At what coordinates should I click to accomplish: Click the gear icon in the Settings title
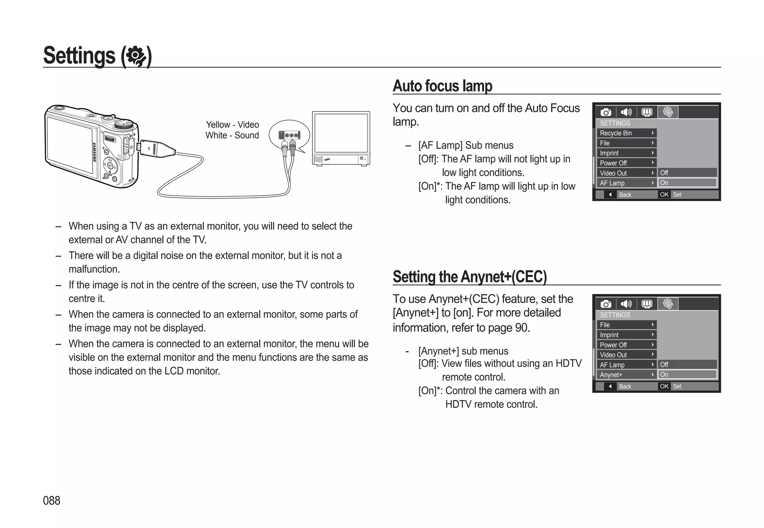pos(136,56)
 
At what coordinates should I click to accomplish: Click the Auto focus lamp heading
pos(442,86)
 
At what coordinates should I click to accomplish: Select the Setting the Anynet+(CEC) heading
pos(470,277)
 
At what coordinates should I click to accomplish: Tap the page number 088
pos(51,500)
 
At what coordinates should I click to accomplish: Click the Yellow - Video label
pos(232,125)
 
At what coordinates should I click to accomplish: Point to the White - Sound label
pos(232,135)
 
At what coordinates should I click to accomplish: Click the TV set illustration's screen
pos(341,133)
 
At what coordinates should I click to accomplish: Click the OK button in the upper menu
pos(664,194)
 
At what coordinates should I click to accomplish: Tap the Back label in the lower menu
pos(625,386)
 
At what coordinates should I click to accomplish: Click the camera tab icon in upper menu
pos(606,112)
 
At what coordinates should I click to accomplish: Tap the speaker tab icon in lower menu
pos(626,304)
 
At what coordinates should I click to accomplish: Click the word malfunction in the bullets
pos(94,269)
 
